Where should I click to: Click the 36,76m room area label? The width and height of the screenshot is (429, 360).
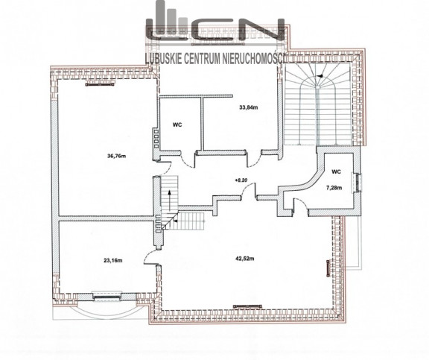coord(116,157)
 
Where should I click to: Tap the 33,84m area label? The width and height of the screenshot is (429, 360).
coord(249,107)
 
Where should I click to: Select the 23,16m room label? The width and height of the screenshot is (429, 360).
coord(113,261)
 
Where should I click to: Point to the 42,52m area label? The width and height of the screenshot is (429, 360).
coord(245,259)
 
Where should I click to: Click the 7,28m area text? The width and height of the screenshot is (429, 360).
coord(334,188)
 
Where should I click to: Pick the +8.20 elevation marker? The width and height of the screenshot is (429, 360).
coord(241,180)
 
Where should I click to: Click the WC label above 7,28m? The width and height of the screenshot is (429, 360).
coord(336,172)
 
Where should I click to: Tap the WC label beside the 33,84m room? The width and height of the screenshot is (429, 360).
coord(177,124)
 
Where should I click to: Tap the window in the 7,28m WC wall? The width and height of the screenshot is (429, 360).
coord(358,183)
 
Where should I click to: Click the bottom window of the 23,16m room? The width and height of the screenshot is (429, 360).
coord(107,296)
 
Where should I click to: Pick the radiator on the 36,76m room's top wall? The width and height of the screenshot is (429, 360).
coord(100,85)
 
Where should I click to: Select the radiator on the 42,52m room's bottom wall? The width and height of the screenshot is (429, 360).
coord(247,306)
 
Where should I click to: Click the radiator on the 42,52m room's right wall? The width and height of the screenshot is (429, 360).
coord(328,268)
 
